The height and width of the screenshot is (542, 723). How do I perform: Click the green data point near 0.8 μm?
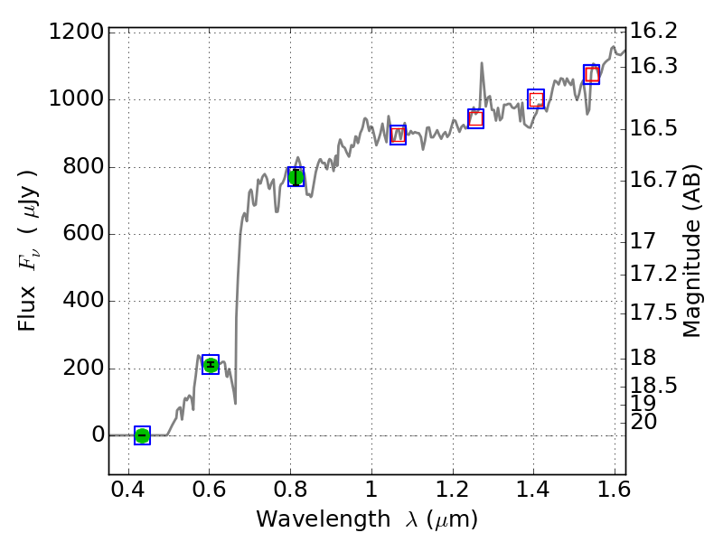coord(296,177)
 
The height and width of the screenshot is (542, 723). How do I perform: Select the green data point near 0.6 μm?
coord(211,365)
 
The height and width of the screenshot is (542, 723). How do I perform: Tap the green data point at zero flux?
coord(142,435)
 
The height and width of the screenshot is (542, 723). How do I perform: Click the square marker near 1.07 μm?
coord(398,135)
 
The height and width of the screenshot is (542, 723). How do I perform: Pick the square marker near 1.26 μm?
coord(475,118)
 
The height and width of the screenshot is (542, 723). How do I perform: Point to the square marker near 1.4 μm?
coord(536,99)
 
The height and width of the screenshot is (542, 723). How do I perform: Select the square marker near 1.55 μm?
coord(592,75)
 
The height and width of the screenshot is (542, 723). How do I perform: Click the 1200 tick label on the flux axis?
coord(73,33)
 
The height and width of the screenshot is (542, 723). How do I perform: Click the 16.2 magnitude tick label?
coord(653,32)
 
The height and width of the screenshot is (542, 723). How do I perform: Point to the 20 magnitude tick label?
coord(645,422)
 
